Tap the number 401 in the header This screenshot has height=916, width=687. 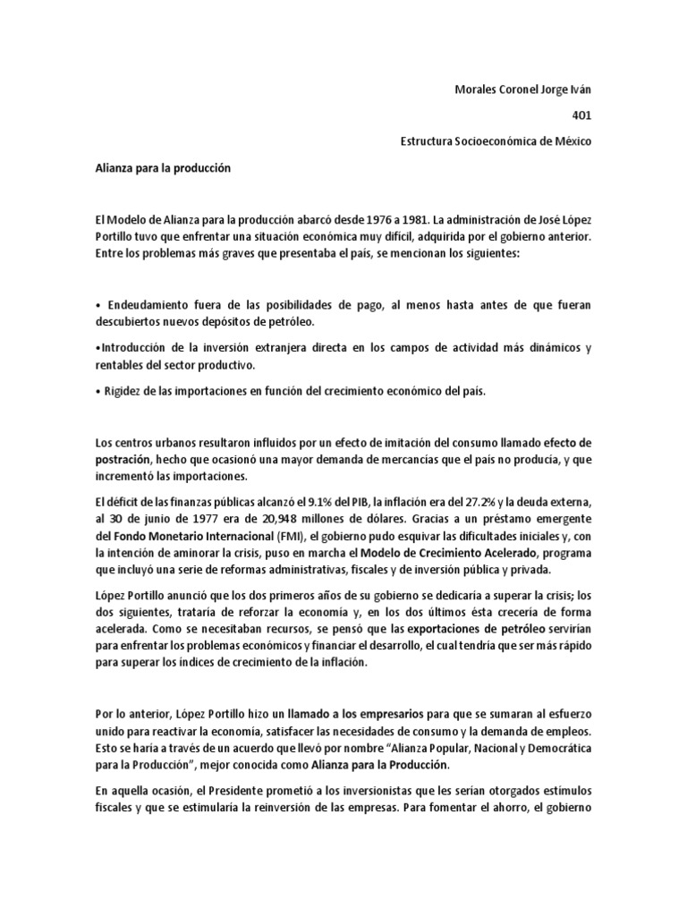(x=581, y=114)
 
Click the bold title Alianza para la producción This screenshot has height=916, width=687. (x=163, y=168)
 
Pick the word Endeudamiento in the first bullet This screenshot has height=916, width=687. (x=148, y=305)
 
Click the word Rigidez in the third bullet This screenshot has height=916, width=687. (x=123, y=390)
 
